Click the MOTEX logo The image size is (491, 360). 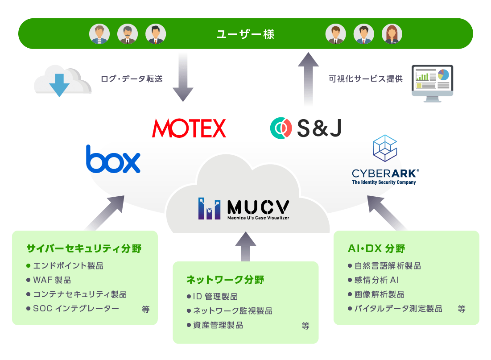pyautogui.click(x=189, y=128)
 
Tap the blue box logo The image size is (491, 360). pyautogui.click(x=113, y=159)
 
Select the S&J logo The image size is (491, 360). pyautogui.click(x=306, y=128)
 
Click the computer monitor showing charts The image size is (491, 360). pyautogui.click(x=432, y=83)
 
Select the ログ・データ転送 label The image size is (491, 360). pyautogui.click(x=131, y=79)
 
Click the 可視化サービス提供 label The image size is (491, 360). pyautogui.click(x=365, y=79)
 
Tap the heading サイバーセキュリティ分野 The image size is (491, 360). pyautogui.click(x=84, y=248)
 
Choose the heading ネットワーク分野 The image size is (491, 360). pyautogui.click(x=225, y=280)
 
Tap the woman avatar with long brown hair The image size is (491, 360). pyautogui.click(x=392, y=34)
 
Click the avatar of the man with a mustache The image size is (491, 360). pyautogui.click(x=128, y=34)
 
